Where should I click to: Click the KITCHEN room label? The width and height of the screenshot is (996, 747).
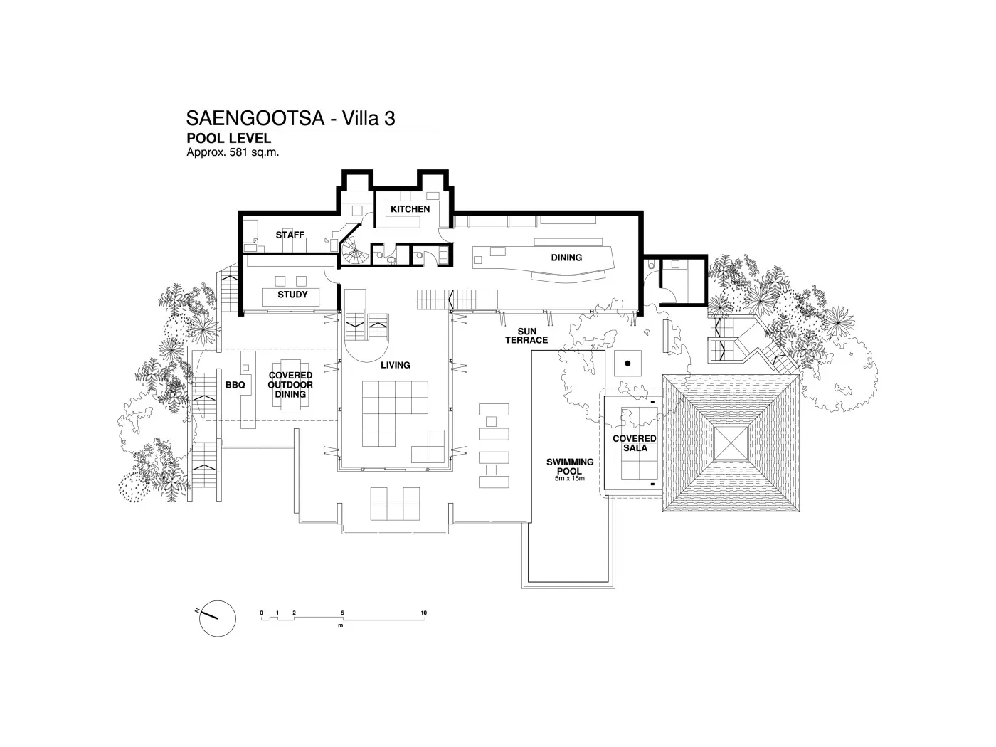[x=410, y=209]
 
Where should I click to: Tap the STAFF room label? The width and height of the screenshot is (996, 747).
[x=290, y=235]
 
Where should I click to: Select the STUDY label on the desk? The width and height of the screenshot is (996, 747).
[x=292, y=295]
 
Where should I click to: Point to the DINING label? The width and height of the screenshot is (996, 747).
[x=566, y=258]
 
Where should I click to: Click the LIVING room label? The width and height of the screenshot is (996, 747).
[x=396, y=365]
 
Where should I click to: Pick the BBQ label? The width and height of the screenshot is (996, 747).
[x=235, y=385]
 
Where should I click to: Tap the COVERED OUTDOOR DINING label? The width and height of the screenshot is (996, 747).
[x=290, y=385]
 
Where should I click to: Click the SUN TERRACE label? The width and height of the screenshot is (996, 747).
[x=526, y=336]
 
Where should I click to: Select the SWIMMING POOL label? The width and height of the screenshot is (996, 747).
[x=570, y=467]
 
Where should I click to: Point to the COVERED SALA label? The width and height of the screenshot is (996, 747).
[x=635, y=443]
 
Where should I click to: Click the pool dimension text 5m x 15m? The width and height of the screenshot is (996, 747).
[x=570, y=479]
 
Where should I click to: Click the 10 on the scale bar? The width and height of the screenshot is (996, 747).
[x=423, y=613]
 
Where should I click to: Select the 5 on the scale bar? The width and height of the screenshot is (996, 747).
[x=343, y=613]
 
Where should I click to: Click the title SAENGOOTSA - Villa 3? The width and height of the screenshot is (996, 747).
[x=290, y=118]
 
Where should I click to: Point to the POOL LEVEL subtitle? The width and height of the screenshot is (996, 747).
[x=228, y=139]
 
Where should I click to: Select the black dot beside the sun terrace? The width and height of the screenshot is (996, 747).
[x=627, y=364]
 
